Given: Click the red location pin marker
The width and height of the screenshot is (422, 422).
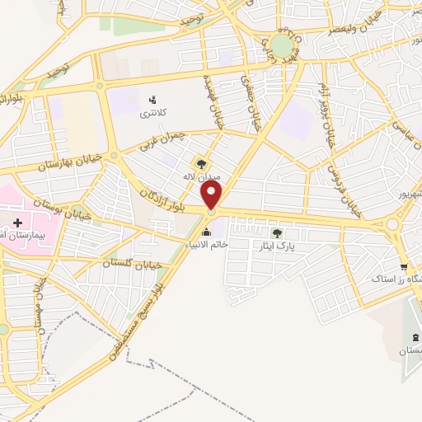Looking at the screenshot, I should [212, 195].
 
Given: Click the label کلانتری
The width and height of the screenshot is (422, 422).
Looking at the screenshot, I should [151, 111].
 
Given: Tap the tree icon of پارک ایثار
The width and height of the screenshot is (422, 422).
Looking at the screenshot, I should [287, 232].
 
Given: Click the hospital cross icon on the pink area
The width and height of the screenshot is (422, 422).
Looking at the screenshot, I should [18, 223].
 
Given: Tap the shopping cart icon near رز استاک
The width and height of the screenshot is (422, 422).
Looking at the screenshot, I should [403, 266].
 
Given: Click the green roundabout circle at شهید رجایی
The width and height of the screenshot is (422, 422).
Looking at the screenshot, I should [282, 45].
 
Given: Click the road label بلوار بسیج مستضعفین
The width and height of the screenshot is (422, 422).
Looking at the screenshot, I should [132, 317].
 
